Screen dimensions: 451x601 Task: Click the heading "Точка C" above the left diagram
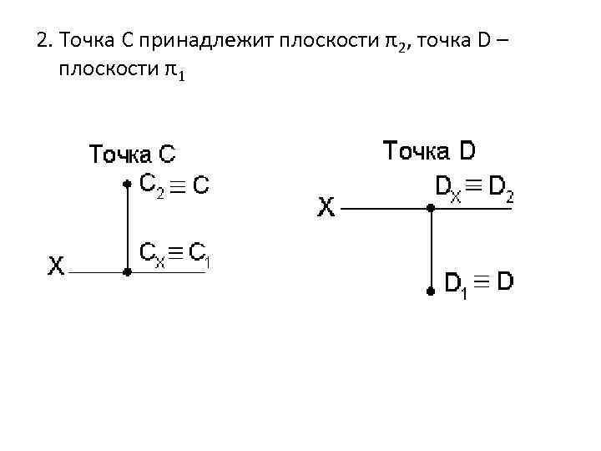pos(133,155)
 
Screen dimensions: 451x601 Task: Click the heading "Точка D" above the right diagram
pos(429,151)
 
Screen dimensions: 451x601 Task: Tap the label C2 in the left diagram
pos(152,185)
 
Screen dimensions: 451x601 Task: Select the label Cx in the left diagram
pos(152,252)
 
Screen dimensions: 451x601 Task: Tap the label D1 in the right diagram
pos(455,286)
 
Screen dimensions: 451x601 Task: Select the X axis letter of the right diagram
pos(326,206)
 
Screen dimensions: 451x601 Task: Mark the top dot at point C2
pos(126,184)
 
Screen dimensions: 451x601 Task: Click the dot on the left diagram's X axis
pos(126,271)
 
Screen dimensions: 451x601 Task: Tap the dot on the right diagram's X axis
pos(429,209)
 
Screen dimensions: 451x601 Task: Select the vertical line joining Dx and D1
pos(429,251)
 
